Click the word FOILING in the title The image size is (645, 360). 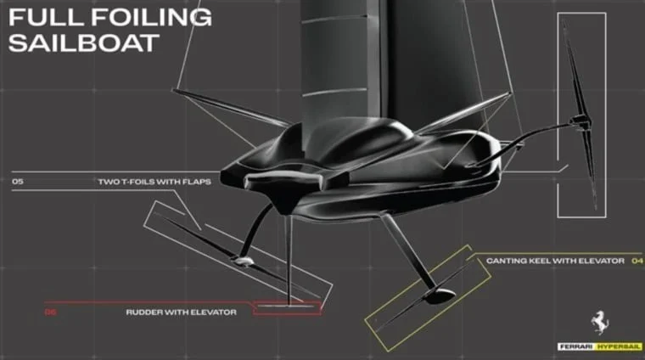click(151, 17)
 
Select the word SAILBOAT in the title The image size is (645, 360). click(84, 42)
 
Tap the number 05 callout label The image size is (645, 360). click(18, 182)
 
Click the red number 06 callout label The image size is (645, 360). click(51, 312)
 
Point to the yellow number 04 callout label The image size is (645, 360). click(637, 261)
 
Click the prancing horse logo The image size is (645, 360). click(600, 323)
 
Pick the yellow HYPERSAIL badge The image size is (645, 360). click(619, 346)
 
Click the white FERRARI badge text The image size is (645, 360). click(577, 346)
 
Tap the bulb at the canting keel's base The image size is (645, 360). click(440, 295)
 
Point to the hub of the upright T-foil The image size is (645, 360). click(580, 121)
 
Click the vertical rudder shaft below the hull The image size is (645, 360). click(289, 259)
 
